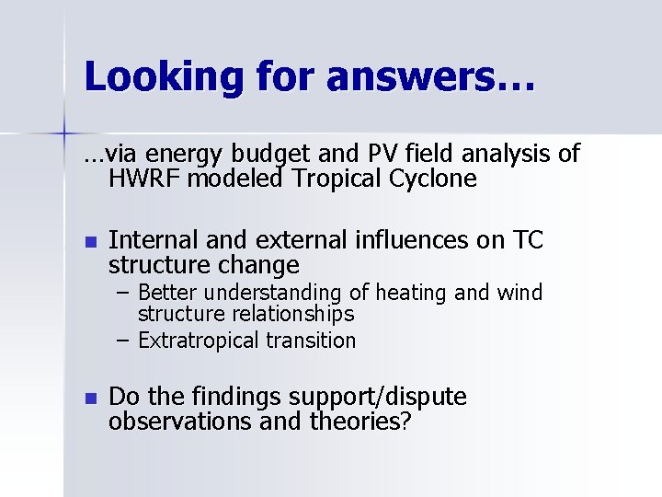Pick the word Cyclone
(x=433, y=179)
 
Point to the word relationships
(x=292, y=314)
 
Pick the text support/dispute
(x=378, y=398)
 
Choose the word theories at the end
(x=357, y=422)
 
